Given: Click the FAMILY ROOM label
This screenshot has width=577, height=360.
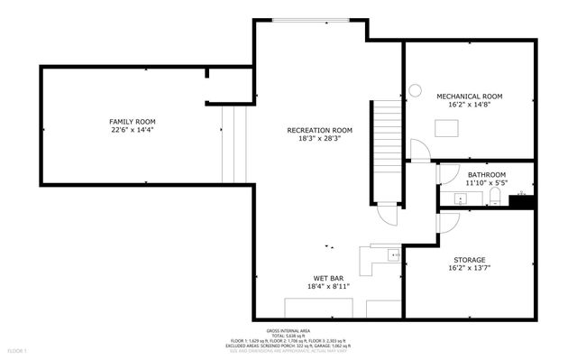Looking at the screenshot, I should click(x=133, y=121).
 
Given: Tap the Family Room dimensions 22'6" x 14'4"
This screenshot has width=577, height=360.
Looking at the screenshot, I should click(x=133, y=130).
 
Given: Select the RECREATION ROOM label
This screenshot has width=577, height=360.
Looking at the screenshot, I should click(x=320, y=130).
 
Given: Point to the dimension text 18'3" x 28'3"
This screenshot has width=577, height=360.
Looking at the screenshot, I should click(x=320, y=139).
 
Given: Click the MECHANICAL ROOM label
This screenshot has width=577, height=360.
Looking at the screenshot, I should click(x=469, y=96).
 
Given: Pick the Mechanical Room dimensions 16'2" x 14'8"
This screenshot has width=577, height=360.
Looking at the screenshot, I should click(x=469, y=105).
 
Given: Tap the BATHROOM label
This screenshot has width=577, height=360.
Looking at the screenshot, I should click(x=486, y=174).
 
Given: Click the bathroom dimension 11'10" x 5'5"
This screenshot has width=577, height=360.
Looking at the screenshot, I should click(x=486, y=183).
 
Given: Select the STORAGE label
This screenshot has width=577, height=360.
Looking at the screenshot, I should click(x=469, y=259).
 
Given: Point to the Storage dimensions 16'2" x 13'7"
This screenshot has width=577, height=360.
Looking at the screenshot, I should click(x=469, y=268).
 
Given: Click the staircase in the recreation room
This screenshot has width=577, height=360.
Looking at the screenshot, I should click(x=387, y=131).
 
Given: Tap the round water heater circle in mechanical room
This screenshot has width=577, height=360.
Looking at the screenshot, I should click(x=415, y=89).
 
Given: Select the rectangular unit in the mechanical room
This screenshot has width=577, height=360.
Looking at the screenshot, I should click(x=446, y=127).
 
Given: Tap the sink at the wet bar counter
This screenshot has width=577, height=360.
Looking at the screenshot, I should click(x=394, y=256).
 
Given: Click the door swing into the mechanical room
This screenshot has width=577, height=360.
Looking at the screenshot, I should click(x=420, y=151).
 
